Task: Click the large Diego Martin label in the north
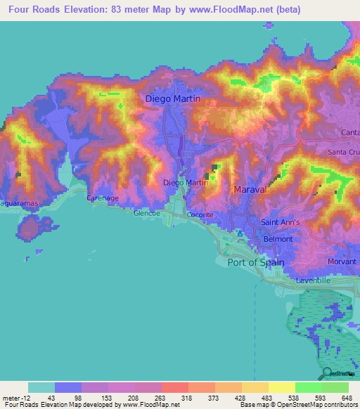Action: click(172, 99)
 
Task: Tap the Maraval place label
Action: click(247, 190)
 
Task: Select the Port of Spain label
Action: click(256, 262)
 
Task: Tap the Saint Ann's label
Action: click(281, 223)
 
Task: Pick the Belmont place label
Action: click(278, 239)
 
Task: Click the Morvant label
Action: click(343, 261)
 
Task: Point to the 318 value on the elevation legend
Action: click(186, 397)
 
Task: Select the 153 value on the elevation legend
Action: click(107, 397)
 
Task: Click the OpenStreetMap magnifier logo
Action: click(328, 373)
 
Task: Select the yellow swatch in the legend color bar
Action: click(281, 387)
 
